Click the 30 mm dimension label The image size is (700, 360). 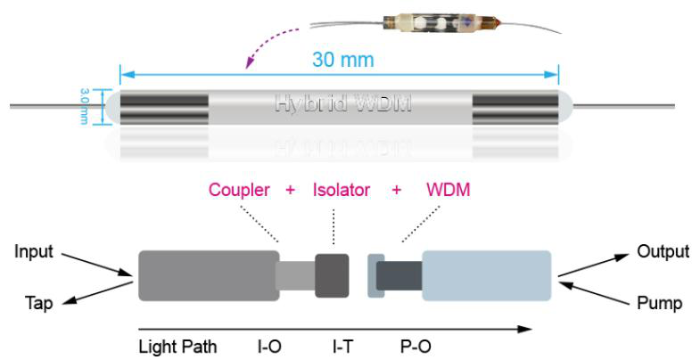[342, 60]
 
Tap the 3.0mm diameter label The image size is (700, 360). [85, 106]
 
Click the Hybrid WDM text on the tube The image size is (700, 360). [343, 103]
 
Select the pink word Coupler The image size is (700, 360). [239, 190]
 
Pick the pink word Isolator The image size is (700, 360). [342, 190]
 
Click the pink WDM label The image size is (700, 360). [449, 190]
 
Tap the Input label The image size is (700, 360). [34, 252]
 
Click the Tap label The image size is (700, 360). [39, 303]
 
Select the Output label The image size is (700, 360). [663, 251]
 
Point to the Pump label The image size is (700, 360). [659, 303]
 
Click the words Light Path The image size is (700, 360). [177, 347]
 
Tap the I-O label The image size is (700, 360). [269, 347]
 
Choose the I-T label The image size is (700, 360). [342, 347]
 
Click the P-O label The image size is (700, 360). [416, 347]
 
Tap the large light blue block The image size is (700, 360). [487, 275]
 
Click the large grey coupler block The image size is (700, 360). [209, 275]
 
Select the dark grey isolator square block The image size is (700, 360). [332, 275]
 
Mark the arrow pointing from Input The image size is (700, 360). [97, 265]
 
